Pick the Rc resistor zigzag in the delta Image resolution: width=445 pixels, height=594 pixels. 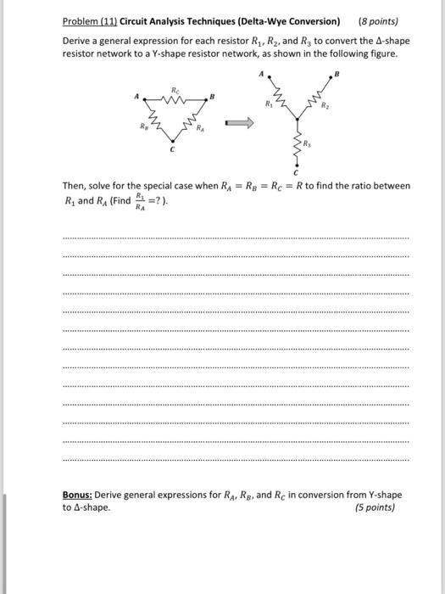(x=175, y=98)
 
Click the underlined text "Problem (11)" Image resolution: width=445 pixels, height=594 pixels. (x=89, y=20)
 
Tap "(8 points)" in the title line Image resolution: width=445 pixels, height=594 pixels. (x=378, y=20)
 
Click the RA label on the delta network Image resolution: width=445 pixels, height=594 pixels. (x=201, y=132)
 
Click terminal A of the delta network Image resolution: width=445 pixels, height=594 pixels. (x=136, y=98)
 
